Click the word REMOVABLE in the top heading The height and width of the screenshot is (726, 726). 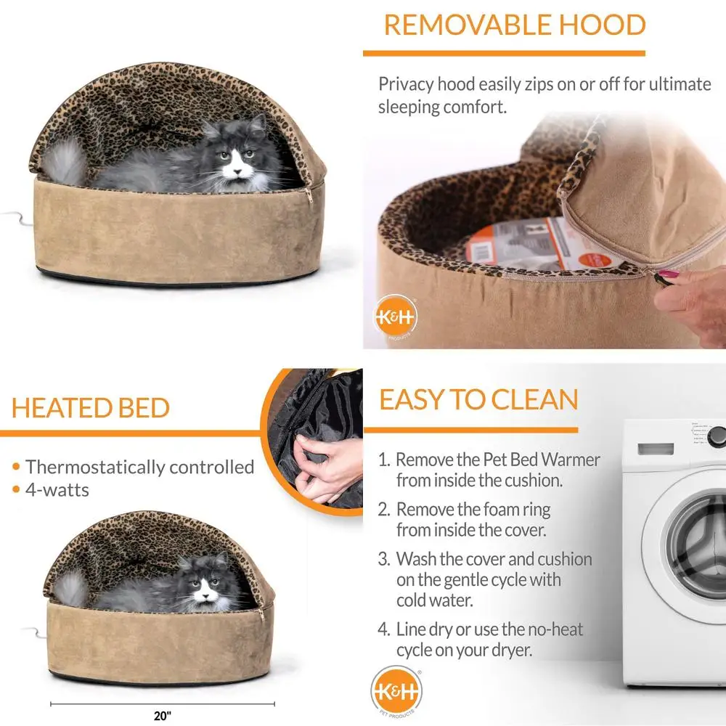(455, 25)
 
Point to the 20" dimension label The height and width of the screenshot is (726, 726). (162, 715)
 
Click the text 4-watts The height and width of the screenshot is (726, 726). (57, 490)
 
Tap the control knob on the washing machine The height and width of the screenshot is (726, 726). (717, 436)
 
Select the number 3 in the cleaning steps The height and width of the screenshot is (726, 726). (384, 560)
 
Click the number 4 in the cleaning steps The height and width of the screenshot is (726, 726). (384, 629)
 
